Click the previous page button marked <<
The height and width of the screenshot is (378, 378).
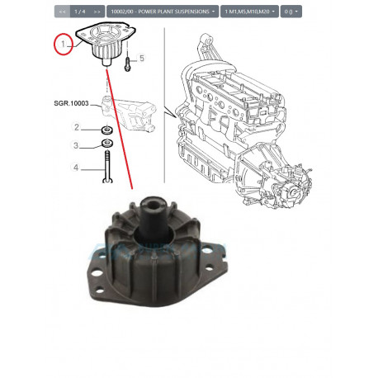click(62, 12)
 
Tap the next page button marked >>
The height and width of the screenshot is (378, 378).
click(97, 12)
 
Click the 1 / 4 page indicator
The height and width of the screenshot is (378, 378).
click(80, 12)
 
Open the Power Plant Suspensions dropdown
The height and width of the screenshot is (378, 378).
click(163, 12)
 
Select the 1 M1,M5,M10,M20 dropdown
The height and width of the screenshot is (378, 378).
click(249, 12)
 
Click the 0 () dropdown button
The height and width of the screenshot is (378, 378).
click(291, 12)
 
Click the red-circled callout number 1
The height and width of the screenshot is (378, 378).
click(64, 44)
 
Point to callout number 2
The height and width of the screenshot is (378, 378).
click(77, 127)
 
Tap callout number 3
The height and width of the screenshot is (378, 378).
click(76, 145)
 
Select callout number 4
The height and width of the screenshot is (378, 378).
click(76, 168)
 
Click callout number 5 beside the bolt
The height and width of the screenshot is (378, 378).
click(142, 58)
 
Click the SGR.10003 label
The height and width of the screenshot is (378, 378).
click(71, 103)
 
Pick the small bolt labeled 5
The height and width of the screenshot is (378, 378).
click(128, 64)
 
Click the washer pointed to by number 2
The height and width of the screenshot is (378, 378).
click(106, 130)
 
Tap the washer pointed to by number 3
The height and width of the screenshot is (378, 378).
click(107, 144)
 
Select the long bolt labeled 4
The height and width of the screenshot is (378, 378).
click(107, 167)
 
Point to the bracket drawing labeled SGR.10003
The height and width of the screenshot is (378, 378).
click(129, 113)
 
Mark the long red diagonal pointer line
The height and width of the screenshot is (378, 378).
click(120, 130)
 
